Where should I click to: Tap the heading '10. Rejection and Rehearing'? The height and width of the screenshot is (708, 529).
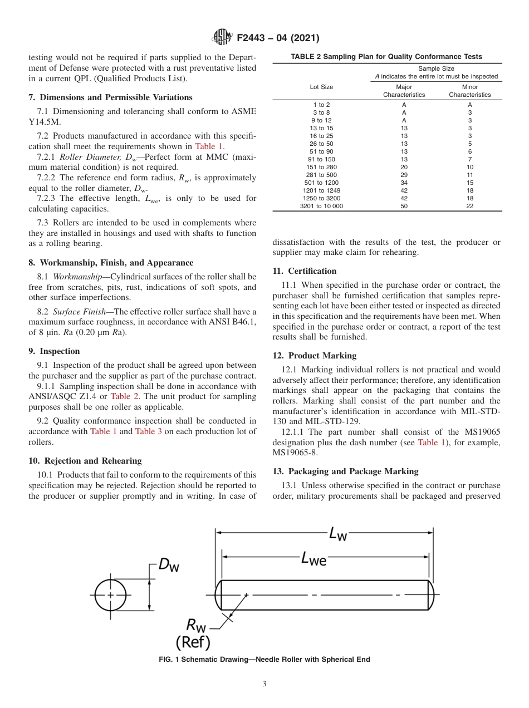pyautogui.click(x=85, y=460)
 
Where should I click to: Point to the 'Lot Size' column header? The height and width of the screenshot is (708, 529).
pyautogui.click(x=321, y=87)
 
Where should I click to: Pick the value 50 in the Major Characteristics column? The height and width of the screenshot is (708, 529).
pyautogui.click(x=404, y=206)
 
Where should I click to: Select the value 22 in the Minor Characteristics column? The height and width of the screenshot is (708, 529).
pyautogui.click(x=469, y=206)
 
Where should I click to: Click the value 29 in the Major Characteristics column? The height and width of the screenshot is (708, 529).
pyautogui.click(x=404, y=175)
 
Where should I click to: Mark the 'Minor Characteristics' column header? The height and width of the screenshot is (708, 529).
pyautogui.click(x=469, y=91)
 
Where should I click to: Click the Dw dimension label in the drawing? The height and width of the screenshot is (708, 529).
pyautogui.click(x=169, y=565)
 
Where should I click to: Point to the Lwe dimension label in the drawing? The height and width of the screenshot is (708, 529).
pyautogui.click(x=314, y=558)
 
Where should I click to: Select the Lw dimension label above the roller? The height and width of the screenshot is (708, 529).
pyautogui.click(x=338, y=534)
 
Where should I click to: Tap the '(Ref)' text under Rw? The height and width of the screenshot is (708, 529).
pyautogui.click(x=193, y=642)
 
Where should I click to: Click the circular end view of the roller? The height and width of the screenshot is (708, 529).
pyautogui.click(x=110, y=595)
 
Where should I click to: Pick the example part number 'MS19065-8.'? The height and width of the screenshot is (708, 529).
pyautogui.click(x=295, y=453)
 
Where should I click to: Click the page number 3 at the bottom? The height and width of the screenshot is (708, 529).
pyautogui.click(x=264, y=684)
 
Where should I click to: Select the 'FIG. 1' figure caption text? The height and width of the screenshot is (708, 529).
pyautogui.click(x=264, y=660)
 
